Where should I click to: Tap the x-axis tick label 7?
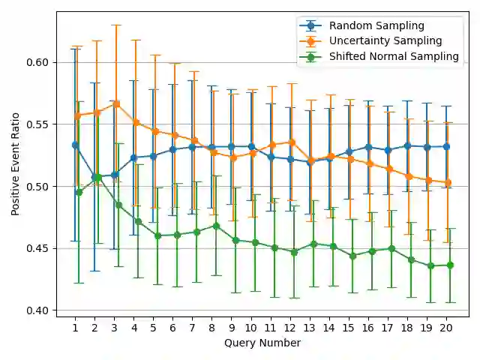click(193, 327)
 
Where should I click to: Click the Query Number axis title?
click(262, 343)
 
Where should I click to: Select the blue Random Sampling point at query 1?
click(75, 145)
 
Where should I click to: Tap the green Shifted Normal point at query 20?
click(450, 265)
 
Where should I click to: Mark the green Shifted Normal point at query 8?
click(216, 226)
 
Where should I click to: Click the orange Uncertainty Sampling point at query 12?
click(292, 142)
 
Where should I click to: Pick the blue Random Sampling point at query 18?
click(407, 145)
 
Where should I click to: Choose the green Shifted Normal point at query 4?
click(138, 221)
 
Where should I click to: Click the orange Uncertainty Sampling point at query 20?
click(448, 182)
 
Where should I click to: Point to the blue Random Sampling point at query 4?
click(133, 157)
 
